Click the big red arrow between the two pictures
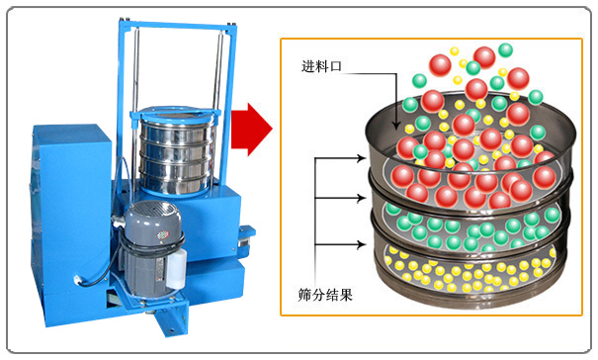[x=251, y=129]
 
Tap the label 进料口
[x=321, y=66]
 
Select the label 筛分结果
[x=325, y=295]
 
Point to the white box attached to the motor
[x=176, y=269]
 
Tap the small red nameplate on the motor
[x=163, y=234]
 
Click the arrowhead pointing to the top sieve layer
[x=361, y=157]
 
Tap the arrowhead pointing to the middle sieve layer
[x=361, y=198]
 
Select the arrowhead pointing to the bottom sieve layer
[x=361, y=244]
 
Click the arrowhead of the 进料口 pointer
[x=396, y=125]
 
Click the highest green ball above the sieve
[x=506, y=50]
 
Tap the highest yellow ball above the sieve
[x=455, y=51]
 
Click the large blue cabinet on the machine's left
[x=70, y=222]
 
